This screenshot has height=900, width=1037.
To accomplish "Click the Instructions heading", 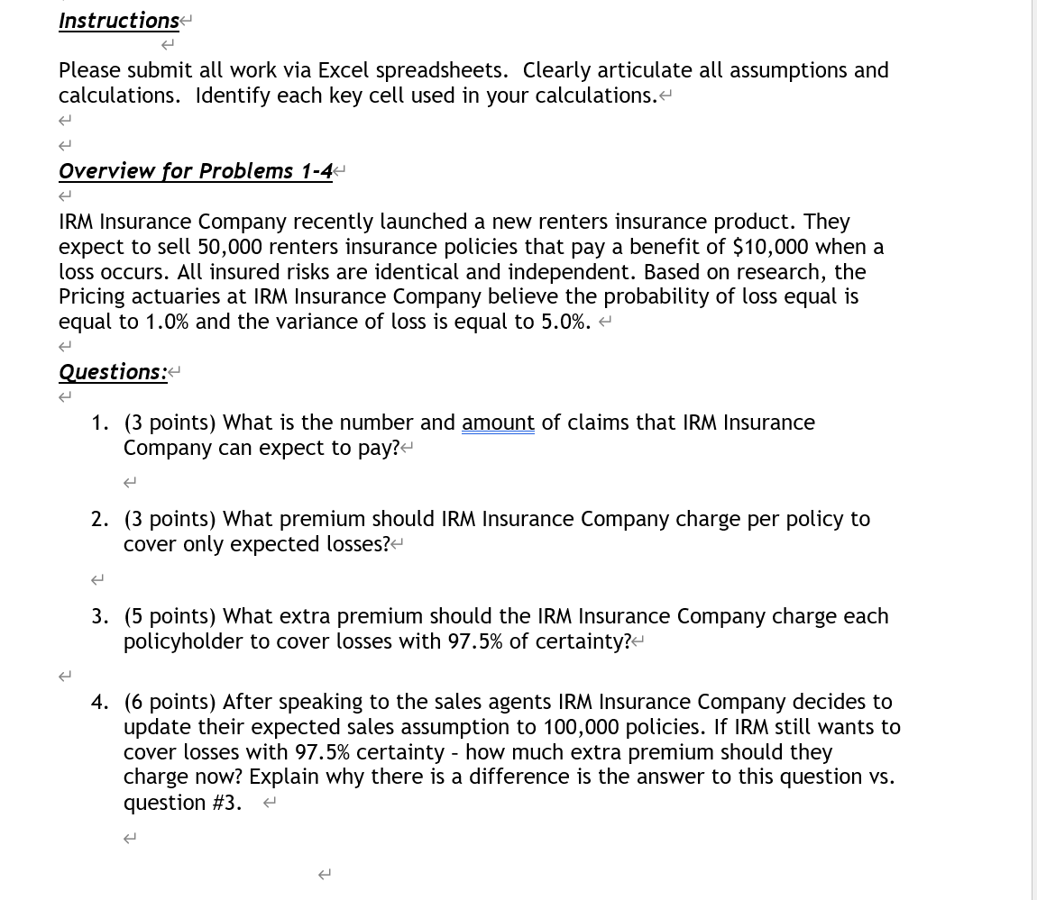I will (x=119, y=21).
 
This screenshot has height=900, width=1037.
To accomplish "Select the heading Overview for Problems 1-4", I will (x=196, y=171).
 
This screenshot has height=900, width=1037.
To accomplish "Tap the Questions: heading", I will (x=113, y=372).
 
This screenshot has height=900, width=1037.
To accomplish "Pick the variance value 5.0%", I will (x=565, y=323).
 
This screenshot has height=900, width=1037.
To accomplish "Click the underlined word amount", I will (x=498, y=423).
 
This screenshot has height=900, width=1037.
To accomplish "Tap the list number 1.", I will (x=99, y=423).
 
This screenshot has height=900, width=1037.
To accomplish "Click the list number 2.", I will (x=99, y=519).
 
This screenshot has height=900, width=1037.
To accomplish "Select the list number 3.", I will (x=99, y=616).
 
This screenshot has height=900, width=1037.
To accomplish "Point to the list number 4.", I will (x=99, y=702).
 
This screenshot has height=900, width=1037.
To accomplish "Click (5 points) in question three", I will (x=170, y=616).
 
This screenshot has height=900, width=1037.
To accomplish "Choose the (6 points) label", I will (x=170, y=702).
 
